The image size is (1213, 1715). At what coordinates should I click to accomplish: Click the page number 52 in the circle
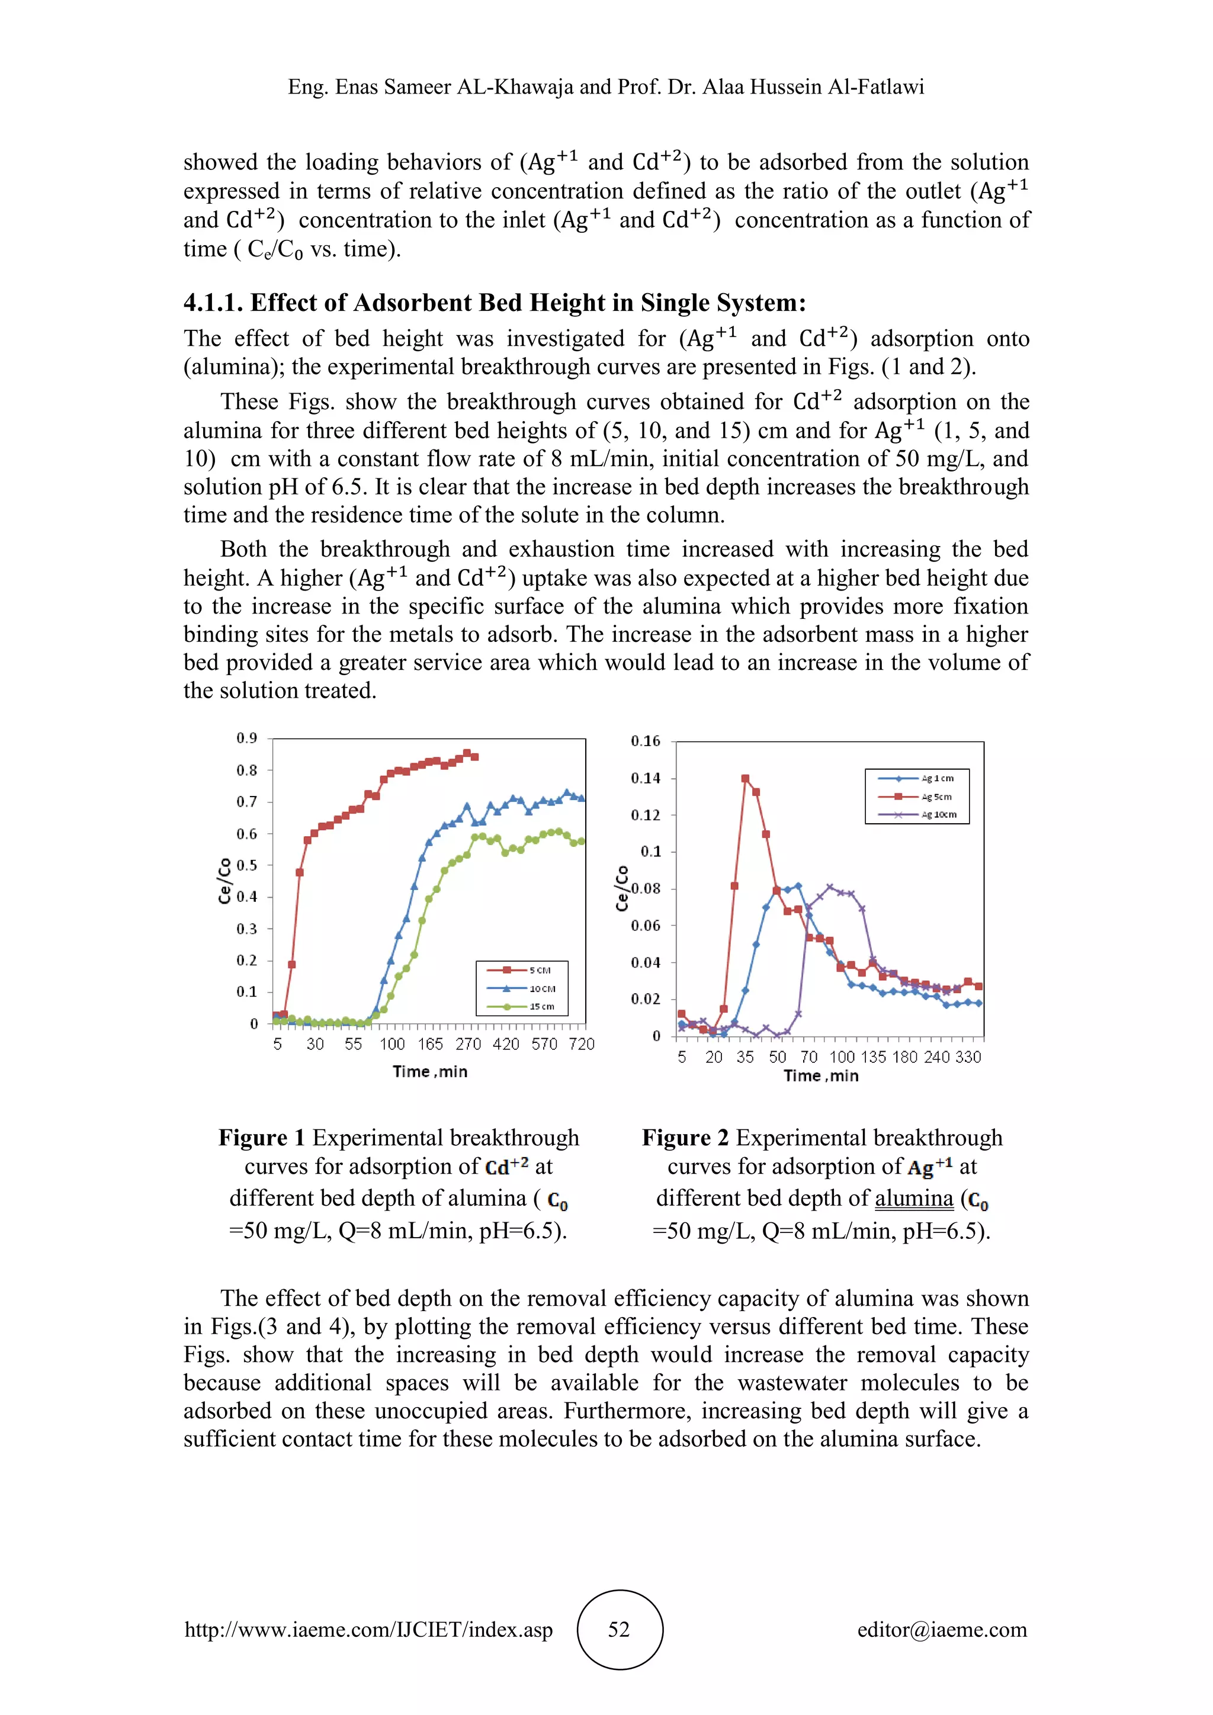tap(619, 1629)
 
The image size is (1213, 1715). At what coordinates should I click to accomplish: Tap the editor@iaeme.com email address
tap(942, 1629)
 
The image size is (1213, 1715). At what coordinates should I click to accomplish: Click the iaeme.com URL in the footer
tap(368, 1629)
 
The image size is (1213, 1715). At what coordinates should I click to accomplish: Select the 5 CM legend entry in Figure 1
tap(523, 970)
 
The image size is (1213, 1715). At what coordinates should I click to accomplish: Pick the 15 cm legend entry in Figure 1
tap(523, 1006)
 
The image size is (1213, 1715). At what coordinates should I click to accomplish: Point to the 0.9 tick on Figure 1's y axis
tap(246, 738)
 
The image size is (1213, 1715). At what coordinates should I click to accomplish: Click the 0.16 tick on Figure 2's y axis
tap(646, 741)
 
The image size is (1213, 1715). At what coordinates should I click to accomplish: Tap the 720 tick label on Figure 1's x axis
tap(581, 1044)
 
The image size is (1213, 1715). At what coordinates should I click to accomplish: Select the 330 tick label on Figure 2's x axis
tap(967, 1057)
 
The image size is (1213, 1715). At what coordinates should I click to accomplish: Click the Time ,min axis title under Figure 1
tap(430, 1072)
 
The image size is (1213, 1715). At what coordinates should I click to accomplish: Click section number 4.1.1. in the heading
tap(214, 303)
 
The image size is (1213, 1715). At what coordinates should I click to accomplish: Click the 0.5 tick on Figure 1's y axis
tap(246, 865)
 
